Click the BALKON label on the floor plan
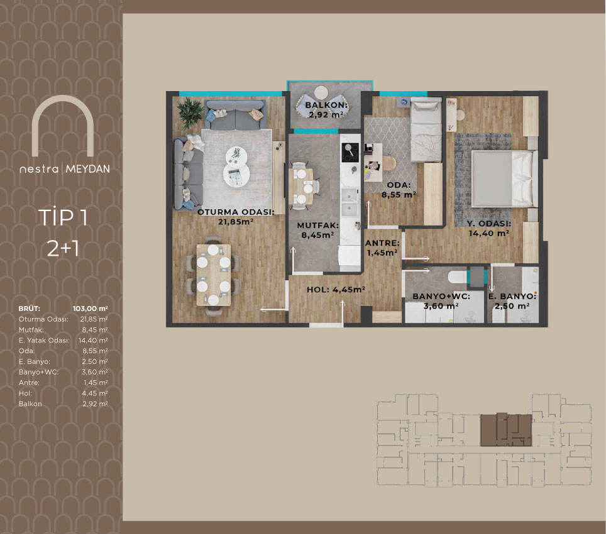point(327,105)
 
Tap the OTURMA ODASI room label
point(236,212)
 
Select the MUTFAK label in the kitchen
point(317,226)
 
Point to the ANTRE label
point(382,243)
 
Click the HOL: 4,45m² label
point(336,290)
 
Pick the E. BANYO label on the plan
point(512,297)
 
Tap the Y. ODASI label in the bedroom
point(489,224)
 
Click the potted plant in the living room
point(190,112)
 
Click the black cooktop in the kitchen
point(350,152)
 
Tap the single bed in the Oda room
point(426,130)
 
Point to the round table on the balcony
point(321,93)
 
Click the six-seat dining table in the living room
point(214,275)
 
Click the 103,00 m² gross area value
point(90,308)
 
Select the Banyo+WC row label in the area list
point(38,372)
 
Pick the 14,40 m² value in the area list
point(93,340)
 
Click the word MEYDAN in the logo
point(88,169)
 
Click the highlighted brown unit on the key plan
point(506,430)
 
